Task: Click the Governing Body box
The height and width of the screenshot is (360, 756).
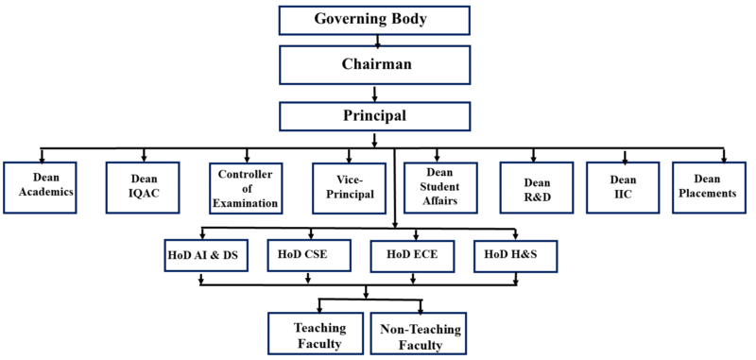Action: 375,20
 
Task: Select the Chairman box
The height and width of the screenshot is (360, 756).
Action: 375,64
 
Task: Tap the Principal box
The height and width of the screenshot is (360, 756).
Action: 375,115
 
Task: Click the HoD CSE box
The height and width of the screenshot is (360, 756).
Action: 307,253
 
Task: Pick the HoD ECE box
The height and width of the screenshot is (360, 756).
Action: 410,253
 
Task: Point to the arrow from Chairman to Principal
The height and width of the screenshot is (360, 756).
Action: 376,93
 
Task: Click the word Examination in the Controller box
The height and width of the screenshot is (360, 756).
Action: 246,202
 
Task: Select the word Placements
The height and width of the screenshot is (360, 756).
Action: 714,194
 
